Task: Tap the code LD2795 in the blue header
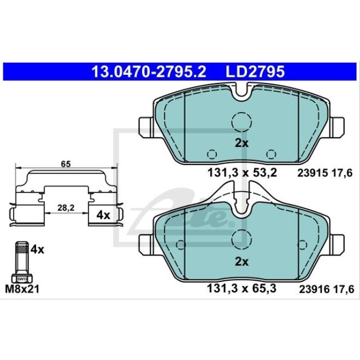[x=255, y=71]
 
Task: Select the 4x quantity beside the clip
[x=103, y=215]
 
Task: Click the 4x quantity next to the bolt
[x=37, y=250]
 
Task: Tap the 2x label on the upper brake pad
[x=241, y=144]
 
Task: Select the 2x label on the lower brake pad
[x=241, y=261]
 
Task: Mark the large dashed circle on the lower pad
[x=241, y=237]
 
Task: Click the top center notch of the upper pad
[x=241, y=93]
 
